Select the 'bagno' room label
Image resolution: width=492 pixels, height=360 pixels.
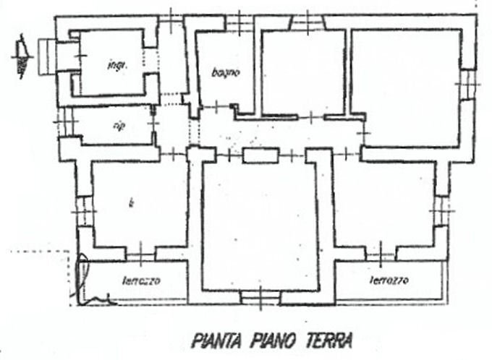pyautogui.click(x=225, y=72)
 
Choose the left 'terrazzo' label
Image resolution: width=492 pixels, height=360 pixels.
pyautogui.click(x=141, y=280)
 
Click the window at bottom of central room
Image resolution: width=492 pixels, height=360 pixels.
pyautogui.click(x=253, y=296)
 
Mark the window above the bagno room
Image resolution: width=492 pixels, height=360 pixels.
pyautogui.click(x=237, y=22)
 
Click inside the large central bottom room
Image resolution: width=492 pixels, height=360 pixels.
pyautogui.click(x=260, y=224)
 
